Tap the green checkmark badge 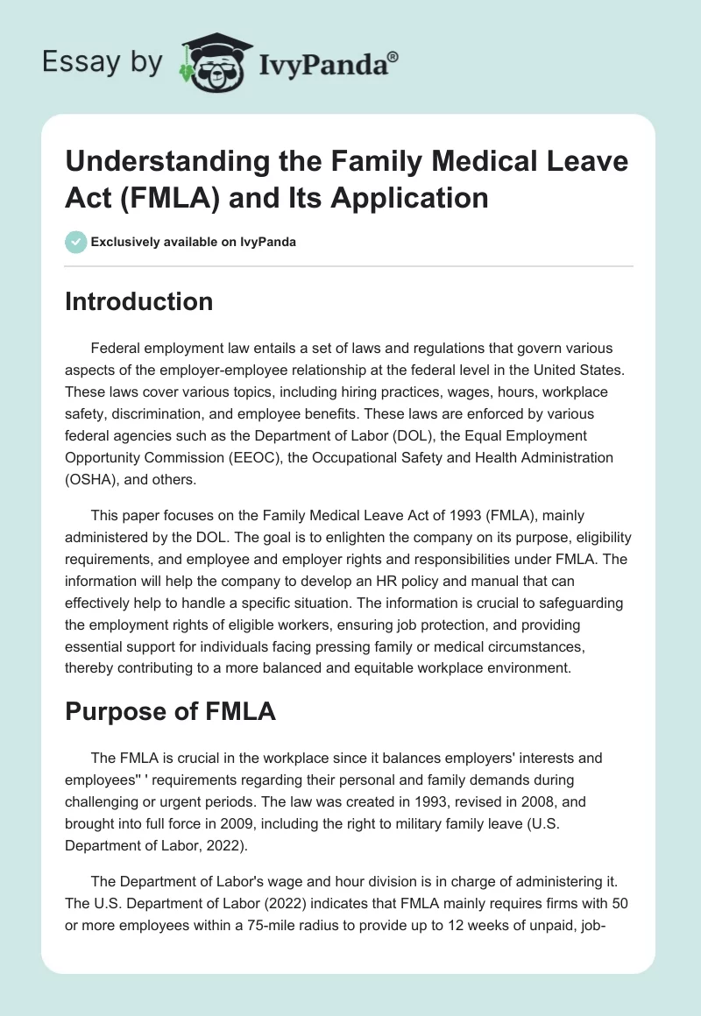(75, 242)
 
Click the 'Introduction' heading (139, 301)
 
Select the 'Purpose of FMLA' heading (171, 711)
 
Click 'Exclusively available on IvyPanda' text (194, 242)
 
